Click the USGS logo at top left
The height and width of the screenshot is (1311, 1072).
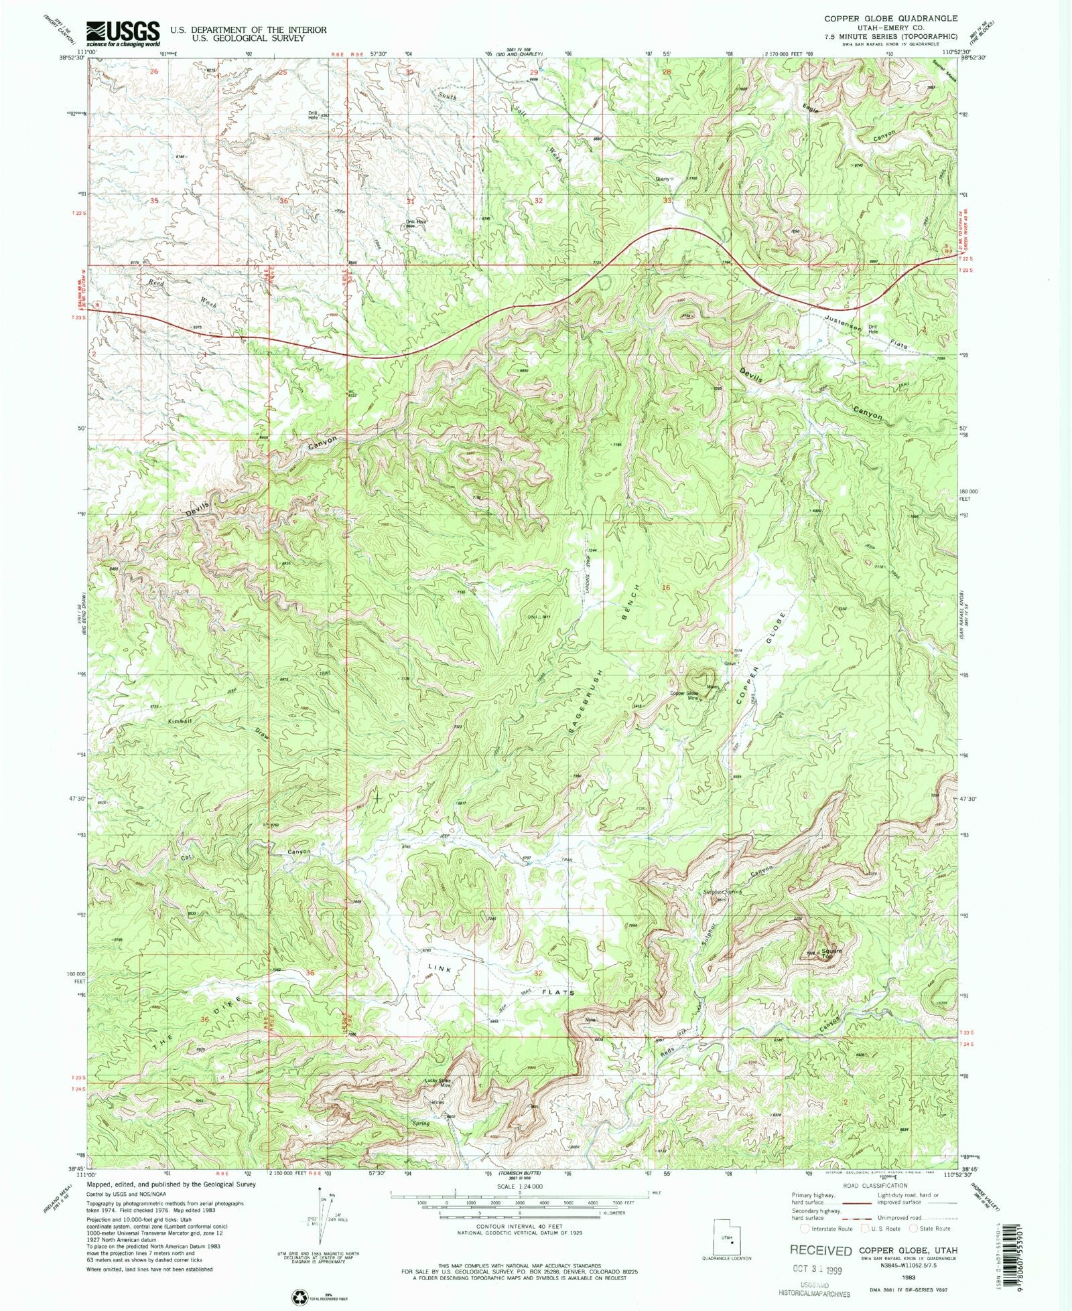click(x=123, y=33)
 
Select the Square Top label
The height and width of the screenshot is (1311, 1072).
click(x=831, y=953)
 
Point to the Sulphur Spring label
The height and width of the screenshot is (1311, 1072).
click(x=723, y=892)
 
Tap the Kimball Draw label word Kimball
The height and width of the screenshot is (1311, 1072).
click(x=180, y=721)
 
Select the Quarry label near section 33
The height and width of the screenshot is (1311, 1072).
click(x=663, y=179)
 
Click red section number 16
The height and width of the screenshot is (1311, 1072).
click(x=665, y=587)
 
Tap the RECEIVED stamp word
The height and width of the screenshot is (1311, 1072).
click(x=820, y=1250)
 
